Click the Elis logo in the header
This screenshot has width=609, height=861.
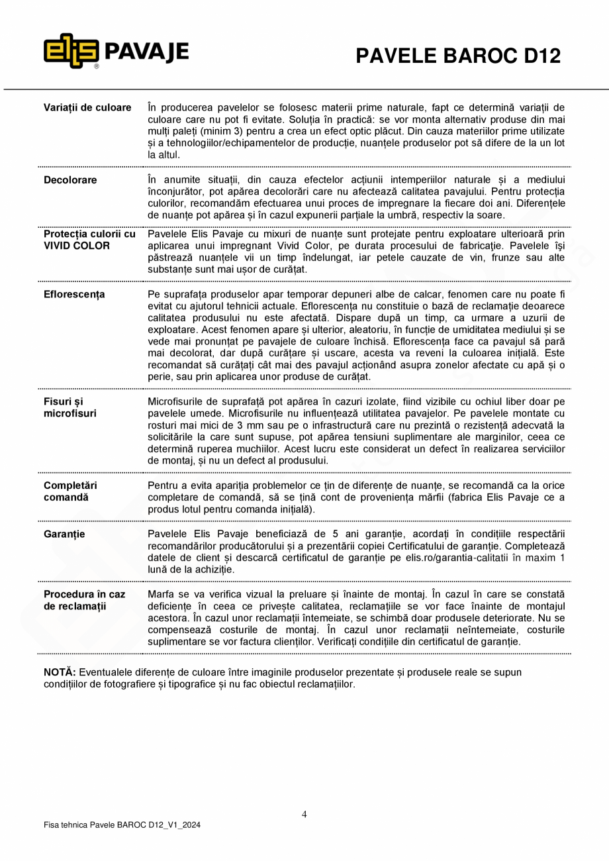pyautogui.click(x=71, y=51)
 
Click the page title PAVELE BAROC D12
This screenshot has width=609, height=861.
pyautogui.click(x=458, y=56)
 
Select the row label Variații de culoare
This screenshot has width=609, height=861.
pyautogui.click(x=87, y=107)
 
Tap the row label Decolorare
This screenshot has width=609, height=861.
pyautogui.click(x=70, y=180)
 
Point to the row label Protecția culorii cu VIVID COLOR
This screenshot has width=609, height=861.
pyautogui.click(x=89, y=240)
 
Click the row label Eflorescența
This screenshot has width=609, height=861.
pyautogui.click(x=74, y=294)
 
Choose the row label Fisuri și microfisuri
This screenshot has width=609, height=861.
pyautogui.click(x=70, y=407)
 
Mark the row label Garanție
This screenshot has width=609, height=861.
pyautogui.click(x=64, y=534)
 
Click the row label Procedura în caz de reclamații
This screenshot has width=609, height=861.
pyautogui.click(x=84, y=600)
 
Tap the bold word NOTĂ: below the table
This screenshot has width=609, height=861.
pyautogui.click(x=60, y=672)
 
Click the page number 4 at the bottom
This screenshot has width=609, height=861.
pyautogui.click(x=304, y=815)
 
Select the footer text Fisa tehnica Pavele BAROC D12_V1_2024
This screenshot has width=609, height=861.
pyautogui.click(x=122, y=825)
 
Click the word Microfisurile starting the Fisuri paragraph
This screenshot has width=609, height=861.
pyautogui.click(x=179, y=401)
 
